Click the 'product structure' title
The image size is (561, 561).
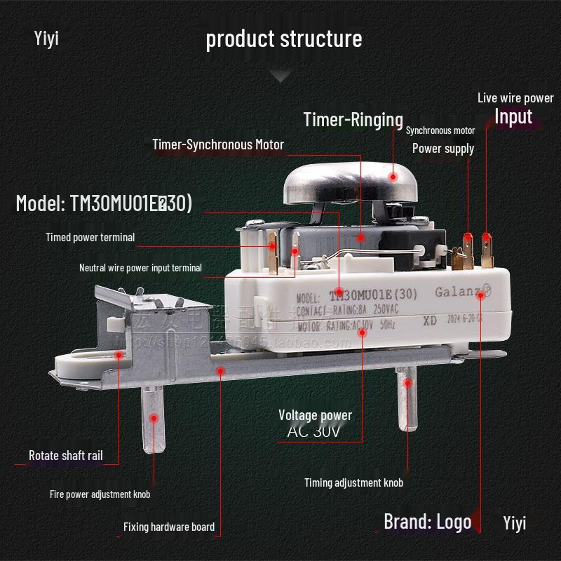pyautogui.click(x=283, y=39)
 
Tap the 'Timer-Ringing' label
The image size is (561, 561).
pyautogui.click(x=353, y=119)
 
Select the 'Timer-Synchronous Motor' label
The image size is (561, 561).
pyautogui.click(x=218, y=144)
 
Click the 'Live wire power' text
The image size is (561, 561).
pyautogui.click(x=515, y=98)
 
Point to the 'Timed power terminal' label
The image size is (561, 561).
pyautogui.click(x=90, y=237)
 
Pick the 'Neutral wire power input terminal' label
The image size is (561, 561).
pyautogui.click(x=140, y=267)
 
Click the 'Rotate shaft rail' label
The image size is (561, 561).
pyautogui.click(x=65, y=455)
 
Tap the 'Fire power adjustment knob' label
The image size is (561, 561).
pyautogui.click(x=100, y=494)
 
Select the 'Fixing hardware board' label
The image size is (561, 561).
pyautogui.click(x=168, y=527)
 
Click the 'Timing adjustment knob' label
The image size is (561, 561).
pyautogui.click(x=353, y=482)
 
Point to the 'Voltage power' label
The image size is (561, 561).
pyautogui.click(x=315, y=415)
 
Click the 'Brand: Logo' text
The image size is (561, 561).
pyautogui.click(x=427, y=522)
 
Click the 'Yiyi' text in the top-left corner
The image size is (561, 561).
pyautogui.click(x=46, y=37)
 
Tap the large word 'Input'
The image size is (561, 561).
pyautogui.click(x=513, y=116)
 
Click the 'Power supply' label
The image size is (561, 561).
pyautogui.click(x=442, y=148)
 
